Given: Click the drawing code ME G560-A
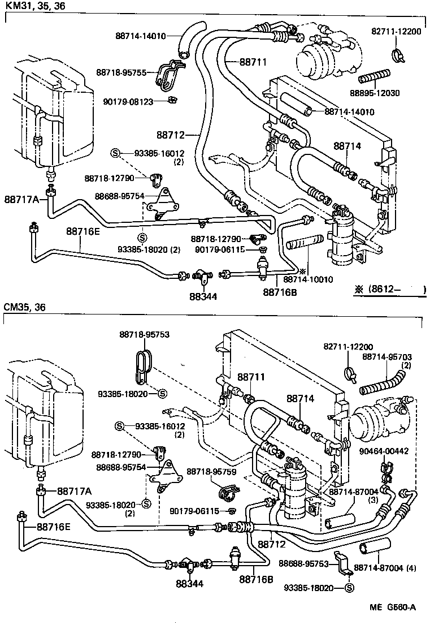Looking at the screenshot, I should point(393,608).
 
